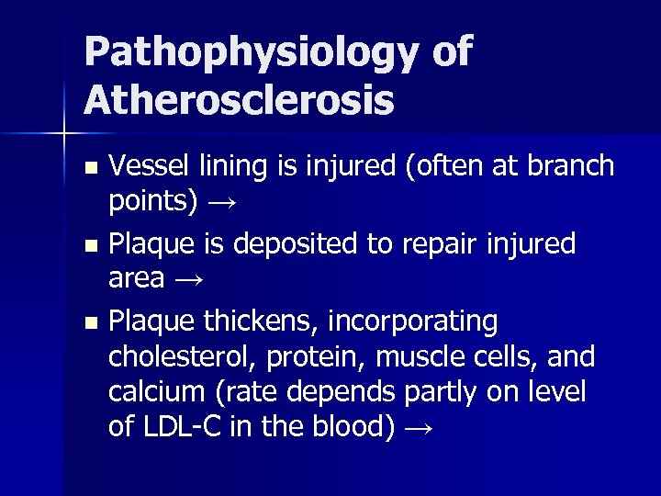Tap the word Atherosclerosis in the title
[x=239, y=99]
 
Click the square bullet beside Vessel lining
[x=89, y=168]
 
